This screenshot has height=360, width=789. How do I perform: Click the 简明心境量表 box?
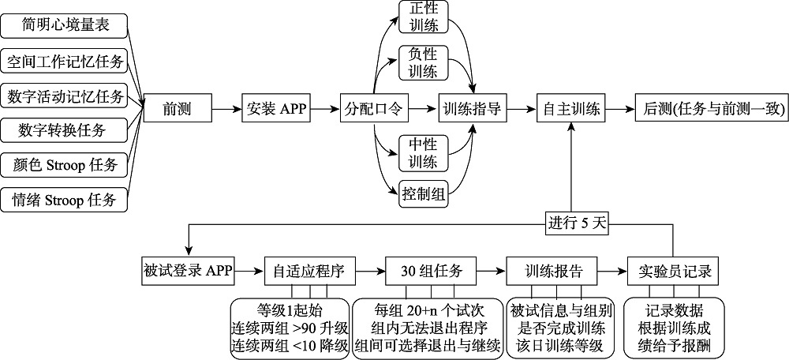pyautogui.click(x=66, y=25)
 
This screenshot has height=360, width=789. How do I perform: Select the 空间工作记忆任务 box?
pyautogui.click(x=66, y=61)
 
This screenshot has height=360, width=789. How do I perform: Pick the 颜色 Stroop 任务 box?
pyautogui.click(x=66, y=165)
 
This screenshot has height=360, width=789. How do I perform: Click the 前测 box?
pyautogui.click(x=178, y=108)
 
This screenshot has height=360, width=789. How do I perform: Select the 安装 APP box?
pyautogui.click(x=276, y=108)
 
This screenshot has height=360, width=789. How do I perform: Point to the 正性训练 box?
pyautogui.click(x=424, y=17)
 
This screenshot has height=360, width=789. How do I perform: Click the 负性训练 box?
pyautogui.click(x=424, y=62)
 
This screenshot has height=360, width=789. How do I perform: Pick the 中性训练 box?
pyautogui.click(x=424, y=153)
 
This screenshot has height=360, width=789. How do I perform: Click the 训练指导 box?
pyautogui.click(x=473, y=108)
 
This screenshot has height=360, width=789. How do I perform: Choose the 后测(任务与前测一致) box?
pyautogui.click(x=710, y=108)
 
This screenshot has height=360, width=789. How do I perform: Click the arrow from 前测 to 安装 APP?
pyautogui.click(x=226, y=108)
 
